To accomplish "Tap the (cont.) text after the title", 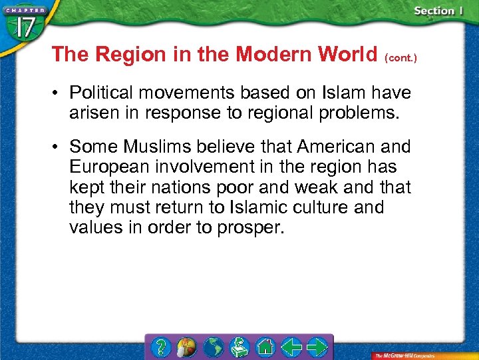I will coord(400,58).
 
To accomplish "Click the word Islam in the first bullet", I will coord(345,92).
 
